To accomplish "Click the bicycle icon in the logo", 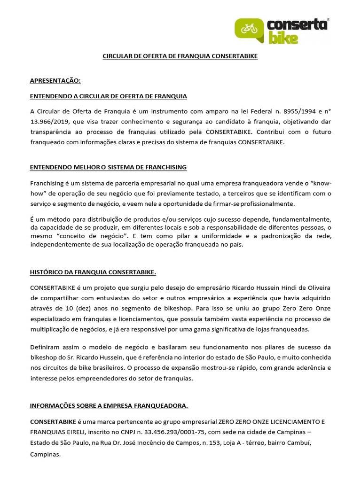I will (249, 29).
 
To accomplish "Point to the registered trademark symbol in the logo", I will (328, 20).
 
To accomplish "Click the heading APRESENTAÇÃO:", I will (55, 81).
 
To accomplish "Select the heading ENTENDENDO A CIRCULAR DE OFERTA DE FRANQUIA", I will (108, 96).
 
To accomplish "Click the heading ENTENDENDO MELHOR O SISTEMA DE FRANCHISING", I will (108, 167).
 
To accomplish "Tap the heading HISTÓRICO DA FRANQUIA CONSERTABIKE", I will (93, 272).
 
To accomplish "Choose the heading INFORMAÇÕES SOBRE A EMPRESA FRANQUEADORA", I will (109, 405).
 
